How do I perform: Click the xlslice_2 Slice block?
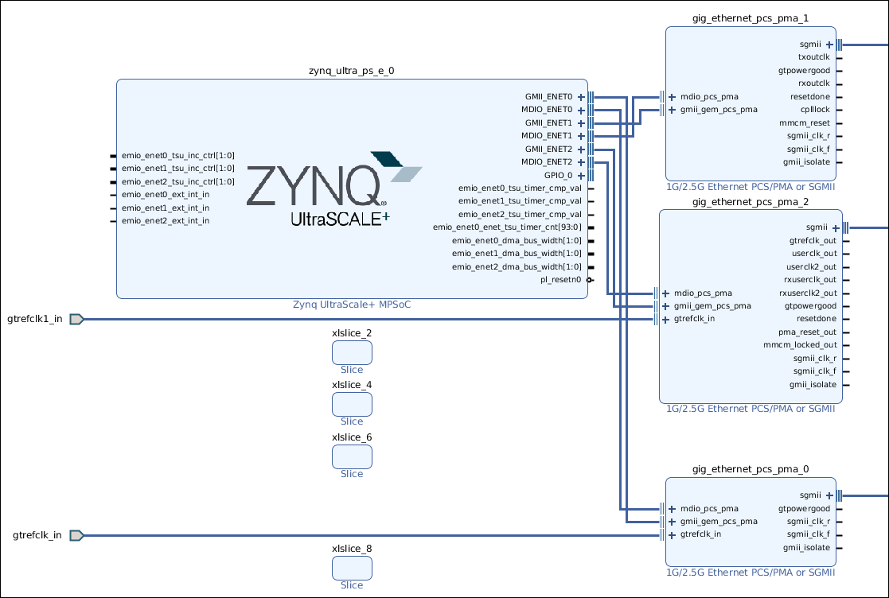click(x=352, y=353)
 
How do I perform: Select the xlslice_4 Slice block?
click(x=352, y=405)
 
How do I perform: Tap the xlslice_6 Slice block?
click(x=352, y=456)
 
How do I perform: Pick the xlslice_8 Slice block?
click(x=352, y=568)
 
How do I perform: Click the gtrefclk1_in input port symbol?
click(x=76, y=320)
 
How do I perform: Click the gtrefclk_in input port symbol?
click(x=76, y=535)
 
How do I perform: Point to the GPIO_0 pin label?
click(x=558, y=175)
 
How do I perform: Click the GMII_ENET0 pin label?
click(x=548, y=96)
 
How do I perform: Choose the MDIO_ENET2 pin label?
click(x=547, y=162)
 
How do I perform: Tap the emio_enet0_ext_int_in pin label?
click(x=166, y=194)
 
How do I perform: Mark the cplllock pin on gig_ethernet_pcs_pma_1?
click(x=815, y=110)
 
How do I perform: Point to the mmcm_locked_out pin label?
click(x=800, y=345)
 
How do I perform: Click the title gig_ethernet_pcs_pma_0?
click(x=740, y=470)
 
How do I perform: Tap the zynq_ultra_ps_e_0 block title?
click(x=351, y=70)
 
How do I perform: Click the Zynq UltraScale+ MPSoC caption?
click(x=351, y=305)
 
